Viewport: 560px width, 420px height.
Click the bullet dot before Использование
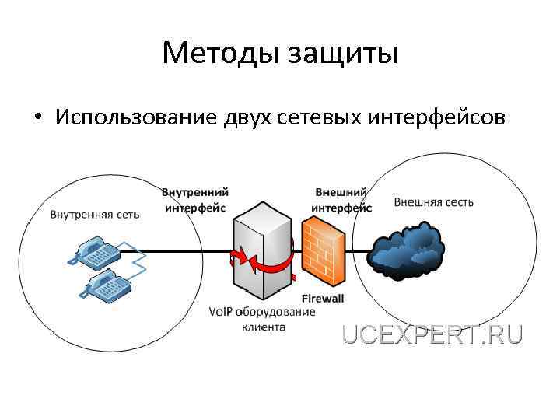point(37,119)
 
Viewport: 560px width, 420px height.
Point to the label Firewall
point(322,298)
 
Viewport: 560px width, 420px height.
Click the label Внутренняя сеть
point(95,215)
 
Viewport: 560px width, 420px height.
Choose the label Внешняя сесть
point(434,202)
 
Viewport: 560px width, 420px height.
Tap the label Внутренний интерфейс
point(195,200)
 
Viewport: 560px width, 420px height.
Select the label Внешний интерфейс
point(341,200)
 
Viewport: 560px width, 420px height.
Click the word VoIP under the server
point(221,312)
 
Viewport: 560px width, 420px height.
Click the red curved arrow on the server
point(263,264)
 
